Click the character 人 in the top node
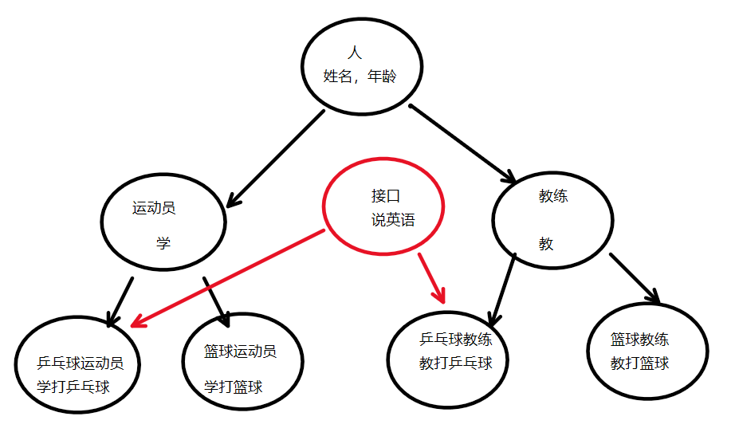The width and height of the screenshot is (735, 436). point(356,53)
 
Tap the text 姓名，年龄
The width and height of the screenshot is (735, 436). point(360,77)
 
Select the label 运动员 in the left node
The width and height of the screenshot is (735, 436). point(154,209)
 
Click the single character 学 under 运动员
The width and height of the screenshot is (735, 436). point(163,243)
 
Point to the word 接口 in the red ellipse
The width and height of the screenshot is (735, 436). point(386,195)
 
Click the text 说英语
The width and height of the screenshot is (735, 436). point(393,220)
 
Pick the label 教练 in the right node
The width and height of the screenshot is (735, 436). point(553,195)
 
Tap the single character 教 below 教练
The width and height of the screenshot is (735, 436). point(546,244)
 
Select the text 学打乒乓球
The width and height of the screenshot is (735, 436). point(73,387)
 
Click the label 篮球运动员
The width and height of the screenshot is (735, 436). point(240,352)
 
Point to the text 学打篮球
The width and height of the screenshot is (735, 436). point(233,387)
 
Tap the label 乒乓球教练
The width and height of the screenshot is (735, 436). point(455,340)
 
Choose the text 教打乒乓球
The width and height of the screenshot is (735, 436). point(455,363)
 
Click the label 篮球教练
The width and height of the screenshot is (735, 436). point(640,340)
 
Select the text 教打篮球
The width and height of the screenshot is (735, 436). point(639,363)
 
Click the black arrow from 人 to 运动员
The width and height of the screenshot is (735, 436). point(275,159)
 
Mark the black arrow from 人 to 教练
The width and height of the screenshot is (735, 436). point(463,141)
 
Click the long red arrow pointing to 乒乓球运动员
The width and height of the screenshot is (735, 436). point(227,278)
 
